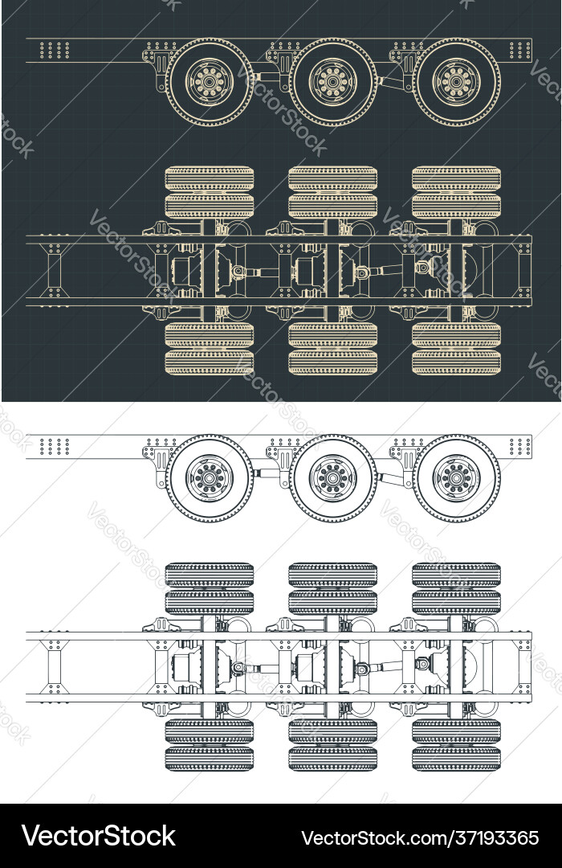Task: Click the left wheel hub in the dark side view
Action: tap(210, 82)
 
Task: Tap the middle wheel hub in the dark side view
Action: tap(332, 81)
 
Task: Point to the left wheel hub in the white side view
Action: tap(210, 478)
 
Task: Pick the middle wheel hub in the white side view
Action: tap(332, 478)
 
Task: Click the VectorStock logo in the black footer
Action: tap(99, 837)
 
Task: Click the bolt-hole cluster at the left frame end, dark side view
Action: tap(55, 50)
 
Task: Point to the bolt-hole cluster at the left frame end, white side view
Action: tap(55, 446)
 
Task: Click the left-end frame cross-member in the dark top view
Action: tap(55, 270)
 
